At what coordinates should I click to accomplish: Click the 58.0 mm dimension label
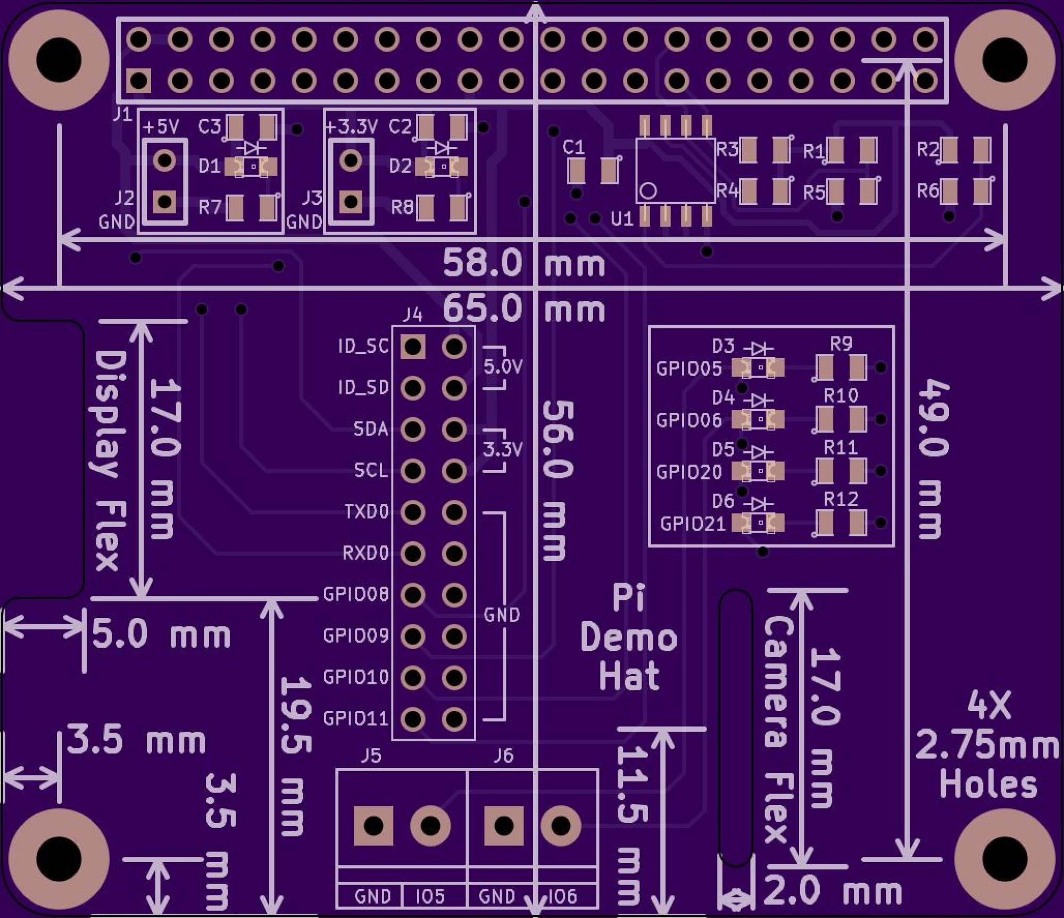523,263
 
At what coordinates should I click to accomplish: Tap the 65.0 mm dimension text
523,309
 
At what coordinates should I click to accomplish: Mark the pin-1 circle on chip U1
648,191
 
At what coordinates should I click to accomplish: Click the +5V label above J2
161,127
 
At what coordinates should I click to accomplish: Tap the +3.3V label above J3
351,127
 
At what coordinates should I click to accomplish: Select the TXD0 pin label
367,512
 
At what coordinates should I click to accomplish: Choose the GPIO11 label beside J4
356,718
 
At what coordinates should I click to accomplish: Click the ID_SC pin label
364,346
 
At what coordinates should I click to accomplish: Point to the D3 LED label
723,346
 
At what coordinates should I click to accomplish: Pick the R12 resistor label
841,499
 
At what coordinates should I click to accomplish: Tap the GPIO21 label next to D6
693,524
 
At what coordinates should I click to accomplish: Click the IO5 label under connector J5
430,897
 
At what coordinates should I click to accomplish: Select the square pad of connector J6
503,826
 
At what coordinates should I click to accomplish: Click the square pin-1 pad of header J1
138,81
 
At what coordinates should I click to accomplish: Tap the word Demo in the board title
628,638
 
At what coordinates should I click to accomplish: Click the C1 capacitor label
573,147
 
